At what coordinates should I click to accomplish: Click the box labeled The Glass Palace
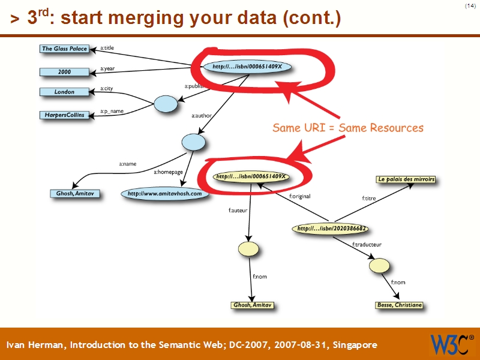pos(64,49)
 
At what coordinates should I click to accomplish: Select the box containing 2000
pos(64,72)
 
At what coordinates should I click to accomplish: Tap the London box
pos(64,92)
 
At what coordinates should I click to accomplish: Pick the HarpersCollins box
pos(64,115)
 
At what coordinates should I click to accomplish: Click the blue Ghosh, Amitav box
pos(75,194)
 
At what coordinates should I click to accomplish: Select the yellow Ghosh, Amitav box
pos(253,305)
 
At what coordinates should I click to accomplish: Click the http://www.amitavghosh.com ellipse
pos(165,194)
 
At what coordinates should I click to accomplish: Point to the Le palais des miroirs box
pos(406,179)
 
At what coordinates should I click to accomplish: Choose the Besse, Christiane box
pos(399,305)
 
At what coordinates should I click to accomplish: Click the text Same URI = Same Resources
pos(348,128)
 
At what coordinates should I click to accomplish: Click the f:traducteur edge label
pos(367,245)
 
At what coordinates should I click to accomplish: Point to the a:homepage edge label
pos(168,172)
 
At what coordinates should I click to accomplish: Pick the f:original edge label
pos(299,196)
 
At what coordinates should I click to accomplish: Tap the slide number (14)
pos(470,6)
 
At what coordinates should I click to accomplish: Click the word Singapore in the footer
pos(355,345)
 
